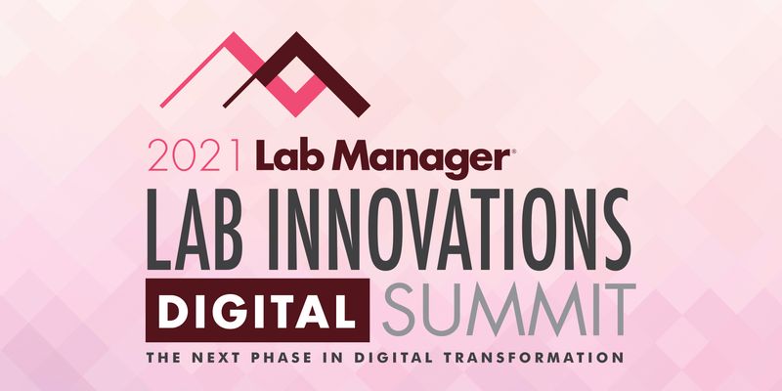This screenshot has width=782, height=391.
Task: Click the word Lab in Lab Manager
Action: pyautogui.click(x=284, y=156)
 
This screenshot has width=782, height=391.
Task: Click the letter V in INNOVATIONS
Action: pyautogui.click(x=442, y=226)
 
